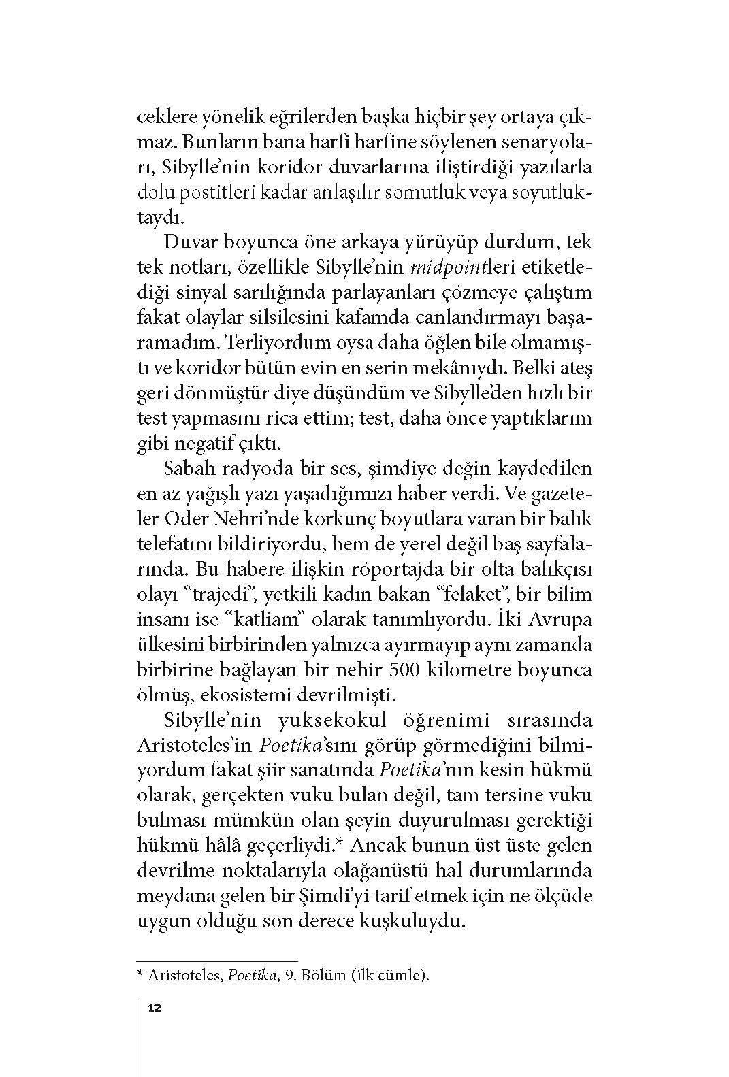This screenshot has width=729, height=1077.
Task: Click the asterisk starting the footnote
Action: click(141, 976)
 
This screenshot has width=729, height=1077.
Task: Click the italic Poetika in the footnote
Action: click(250, 976)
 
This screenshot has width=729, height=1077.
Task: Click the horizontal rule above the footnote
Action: click(218, 961)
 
